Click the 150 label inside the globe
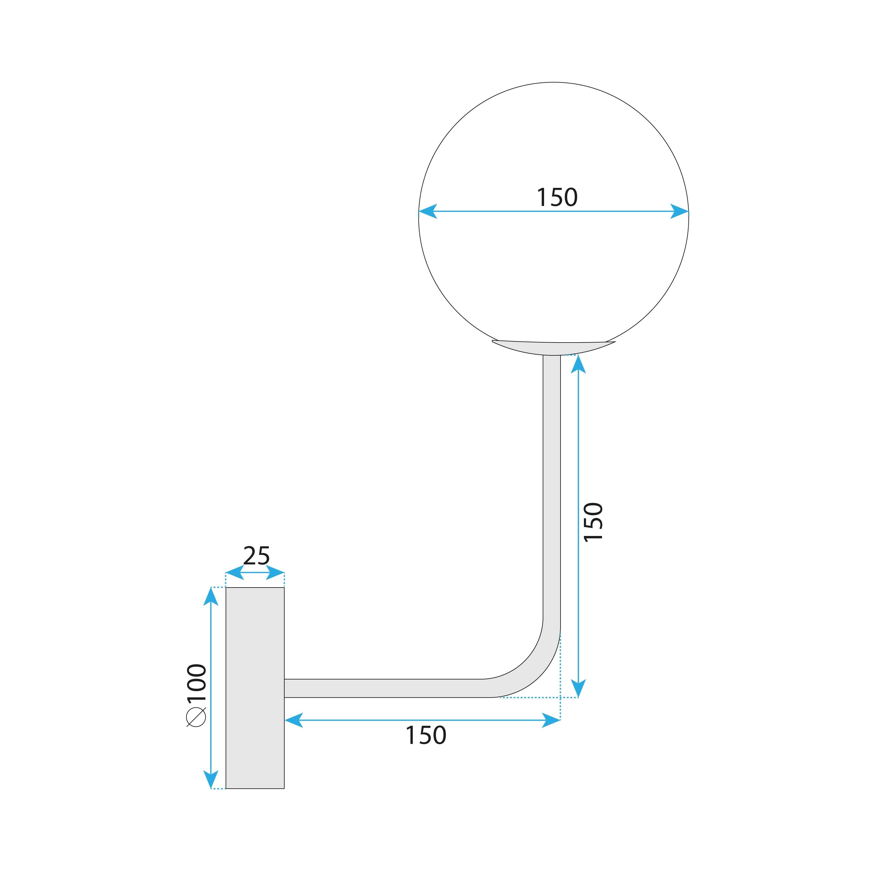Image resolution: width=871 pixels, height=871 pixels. click(557, 197)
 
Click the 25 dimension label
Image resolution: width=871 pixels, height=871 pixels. click(256, 556)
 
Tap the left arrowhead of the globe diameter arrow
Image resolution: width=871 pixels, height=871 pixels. click(427, 211)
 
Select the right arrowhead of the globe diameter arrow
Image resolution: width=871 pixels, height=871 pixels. click(680, 211)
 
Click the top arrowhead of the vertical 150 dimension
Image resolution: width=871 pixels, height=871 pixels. click(578, 364)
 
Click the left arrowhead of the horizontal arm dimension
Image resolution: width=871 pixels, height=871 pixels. click(294, 720)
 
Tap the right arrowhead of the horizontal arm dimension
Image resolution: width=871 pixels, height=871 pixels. click(551, 720)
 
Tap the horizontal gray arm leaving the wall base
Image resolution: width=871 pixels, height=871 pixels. click(383, 688)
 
